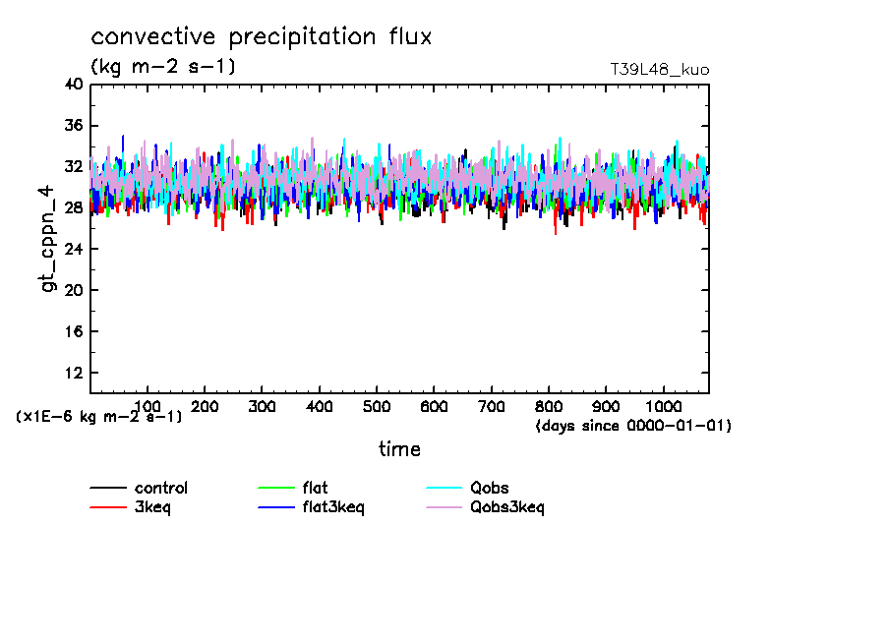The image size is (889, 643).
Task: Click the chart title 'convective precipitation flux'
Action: pyautogui.click(x=262, y=37)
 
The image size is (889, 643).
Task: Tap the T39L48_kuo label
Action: pyautogui.click(x=659, y=70)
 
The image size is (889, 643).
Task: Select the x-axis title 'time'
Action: pyautogui.click(x=400, y=449)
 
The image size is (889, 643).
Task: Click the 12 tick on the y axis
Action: pyautogui.click(x=74, y=374)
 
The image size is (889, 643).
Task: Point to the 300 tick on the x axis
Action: pyautogui.click(x=262, y=406)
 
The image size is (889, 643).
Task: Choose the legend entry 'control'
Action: pyautogui.click(x=161, y=488)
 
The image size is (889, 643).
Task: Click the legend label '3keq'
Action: pyautogui.click(x=153, y=507)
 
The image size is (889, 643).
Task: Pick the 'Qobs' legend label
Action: pyautogui.click(x=490, y=488)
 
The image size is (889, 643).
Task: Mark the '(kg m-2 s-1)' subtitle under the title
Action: pyautogui.click(x=163, y=67)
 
